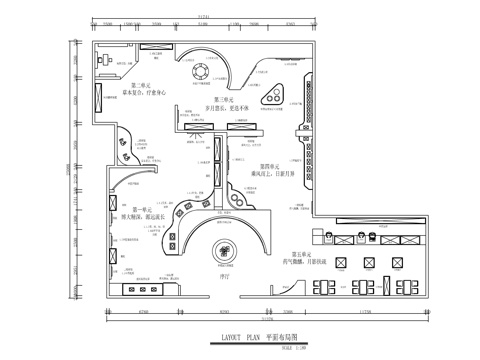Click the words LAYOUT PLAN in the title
(x=236, y=339)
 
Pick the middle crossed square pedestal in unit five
(x=366, y=263)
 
